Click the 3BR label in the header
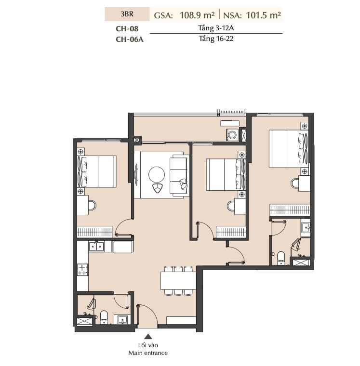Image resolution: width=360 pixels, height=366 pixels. coord(127,14)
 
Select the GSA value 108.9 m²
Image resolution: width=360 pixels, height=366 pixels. coord(197,15)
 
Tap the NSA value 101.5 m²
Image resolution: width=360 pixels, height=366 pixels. coord(263,15)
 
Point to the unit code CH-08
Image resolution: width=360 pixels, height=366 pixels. coord(127,29)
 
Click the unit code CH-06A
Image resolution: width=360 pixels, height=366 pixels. coord(130,39)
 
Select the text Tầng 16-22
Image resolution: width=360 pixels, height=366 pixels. coord(216,39)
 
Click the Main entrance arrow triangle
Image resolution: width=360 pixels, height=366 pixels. coord(148,336)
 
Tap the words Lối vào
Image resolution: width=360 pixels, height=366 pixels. coord(148,345)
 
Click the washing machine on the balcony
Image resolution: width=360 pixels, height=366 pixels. coord(232,135)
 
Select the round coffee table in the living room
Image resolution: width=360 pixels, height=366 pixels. coord(157,175)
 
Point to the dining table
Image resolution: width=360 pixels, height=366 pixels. coord(178,281)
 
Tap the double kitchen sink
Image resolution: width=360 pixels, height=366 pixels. coord(96,247)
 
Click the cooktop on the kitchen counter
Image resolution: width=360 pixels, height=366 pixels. coord(82,270)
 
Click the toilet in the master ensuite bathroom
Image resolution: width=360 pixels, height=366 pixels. coord(281,258)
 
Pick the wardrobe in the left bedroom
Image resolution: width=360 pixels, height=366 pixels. coord(94,232)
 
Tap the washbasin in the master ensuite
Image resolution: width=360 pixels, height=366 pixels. coord(306,228)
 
